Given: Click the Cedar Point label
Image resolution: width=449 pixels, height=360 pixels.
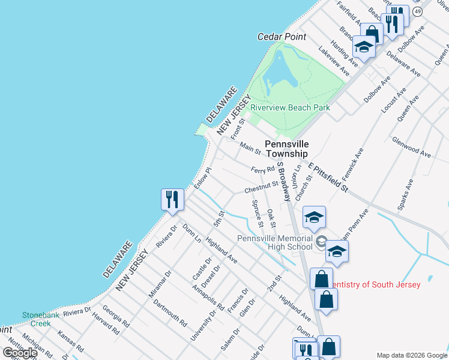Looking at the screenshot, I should (282, 37).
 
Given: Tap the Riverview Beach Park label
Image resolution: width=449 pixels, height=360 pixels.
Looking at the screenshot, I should (290, 107).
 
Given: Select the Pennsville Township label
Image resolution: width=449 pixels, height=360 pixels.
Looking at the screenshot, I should (287, 149).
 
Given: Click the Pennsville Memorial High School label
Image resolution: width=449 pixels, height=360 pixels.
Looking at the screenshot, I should (275, 242).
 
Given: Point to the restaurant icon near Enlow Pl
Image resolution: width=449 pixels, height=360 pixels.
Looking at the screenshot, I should (172, 199).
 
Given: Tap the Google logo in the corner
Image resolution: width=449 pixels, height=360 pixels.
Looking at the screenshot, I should (20, 353).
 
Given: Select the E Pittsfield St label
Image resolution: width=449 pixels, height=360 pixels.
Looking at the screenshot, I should (328, 178).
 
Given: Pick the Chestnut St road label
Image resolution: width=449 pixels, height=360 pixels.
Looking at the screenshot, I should (262, 188).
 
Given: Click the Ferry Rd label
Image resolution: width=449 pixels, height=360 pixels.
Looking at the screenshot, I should (262, 170).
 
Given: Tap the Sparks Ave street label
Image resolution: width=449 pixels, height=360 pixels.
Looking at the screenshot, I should (405, 194).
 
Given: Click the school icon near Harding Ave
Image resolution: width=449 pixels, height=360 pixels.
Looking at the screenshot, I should (364, 46).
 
